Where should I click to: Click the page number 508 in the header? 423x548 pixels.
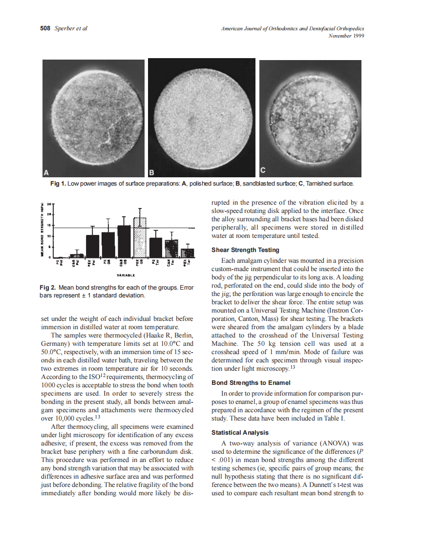[45, 29]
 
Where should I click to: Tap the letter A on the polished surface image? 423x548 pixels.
[47, 172]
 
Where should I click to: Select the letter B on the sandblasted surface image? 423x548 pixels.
[152, 172]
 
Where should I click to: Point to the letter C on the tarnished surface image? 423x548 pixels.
[263, 170]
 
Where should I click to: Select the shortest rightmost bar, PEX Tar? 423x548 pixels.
[188, 253]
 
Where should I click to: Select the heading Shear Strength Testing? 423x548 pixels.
[245, 250]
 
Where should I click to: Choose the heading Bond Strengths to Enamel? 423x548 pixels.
[249, 382]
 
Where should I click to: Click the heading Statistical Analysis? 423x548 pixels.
[239, 433]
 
